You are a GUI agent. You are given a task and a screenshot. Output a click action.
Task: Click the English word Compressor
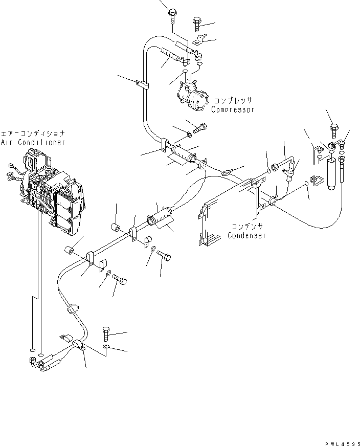point(232,109)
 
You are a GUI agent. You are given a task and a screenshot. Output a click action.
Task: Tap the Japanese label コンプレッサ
point(234,101)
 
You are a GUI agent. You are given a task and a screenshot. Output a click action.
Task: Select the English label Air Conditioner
point(33,142)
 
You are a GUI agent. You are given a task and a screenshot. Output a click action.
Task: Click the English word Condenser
point(247,235)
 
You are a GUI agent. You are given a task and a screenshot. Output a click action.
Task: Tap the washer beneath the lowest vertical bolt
point(105,348)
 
